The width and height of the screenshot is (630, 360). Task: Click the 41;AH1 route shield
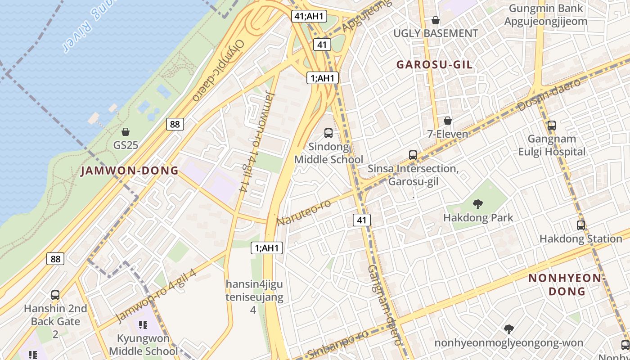coord(309,16)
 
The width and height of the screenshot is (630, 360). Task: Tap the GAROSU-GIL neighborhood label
coord(434,65)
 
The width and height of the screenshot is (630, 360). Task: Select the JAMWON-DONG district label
coord(130,171)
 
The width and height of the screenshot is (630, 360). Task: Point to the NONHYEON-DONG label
coord(565,284)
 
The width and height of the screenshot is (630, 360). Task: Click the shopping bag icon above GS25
coord(126,132)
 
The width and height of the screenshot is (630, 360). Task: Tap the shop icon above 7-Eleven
coord(447,121)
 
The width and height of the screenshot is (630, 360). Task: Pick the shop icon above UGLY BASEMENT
coord(435,20)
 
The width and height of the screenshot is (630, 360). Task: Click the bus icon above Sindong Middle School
coord(328,133)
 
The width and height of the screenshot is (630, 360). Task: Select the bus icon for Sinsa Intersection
coord(413,155)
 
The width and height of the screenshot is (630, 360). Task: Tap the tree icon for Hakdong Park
coord(478,204)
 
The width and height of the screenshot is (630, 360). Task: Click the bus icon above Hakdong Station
coord(581,225)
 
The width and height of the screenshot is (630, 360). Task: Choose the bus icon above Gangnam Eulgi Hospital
coord(552,126)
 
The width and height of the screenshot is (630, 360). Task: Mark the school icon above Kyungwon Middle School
coord(143,325)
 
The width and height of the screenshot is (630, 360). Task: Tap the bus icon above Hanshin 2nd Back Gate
coord(55,295)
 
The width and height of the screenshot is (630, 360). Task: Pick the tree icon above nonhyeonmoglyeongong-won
coord(508,329)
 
